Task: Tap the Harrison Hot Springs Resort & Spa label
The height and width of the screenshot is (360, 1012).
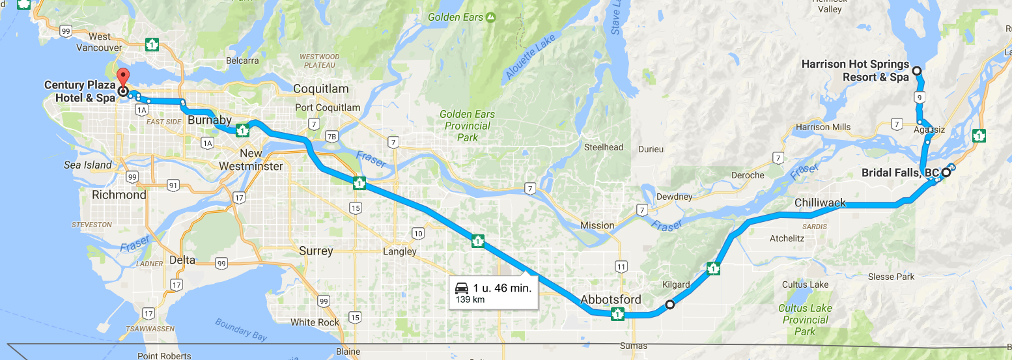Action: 855,70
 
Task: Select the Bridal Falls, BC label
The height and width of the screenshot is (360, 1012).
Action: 900,173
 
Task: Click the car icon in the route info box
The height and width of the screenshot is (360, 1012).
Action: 461,288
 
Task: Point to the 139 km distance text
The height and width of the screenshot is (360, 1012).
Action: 470,299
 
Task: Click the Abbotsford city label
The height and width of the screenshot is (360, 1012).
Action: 611,299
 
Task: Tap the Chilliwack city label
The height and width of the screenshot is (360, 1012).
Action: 820,203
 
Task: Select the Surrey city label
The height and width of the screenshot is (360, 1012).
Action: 316,251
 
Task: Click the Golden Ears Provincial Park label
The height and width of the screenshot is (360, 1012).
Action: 467,126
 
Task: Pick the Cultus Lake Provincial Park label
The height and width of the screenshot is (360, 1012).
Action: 805,320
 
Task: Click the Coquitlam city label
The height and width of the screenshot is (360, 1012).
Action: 321,89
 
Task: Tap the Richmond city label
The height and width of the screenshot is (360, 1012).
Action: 119,195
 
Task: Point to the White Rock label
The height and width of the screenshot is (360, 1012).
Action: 315,322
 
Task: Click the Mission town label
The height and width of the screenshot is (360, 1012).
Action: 597,225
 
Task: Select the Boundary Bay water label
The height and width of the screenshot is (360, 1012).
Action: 241,329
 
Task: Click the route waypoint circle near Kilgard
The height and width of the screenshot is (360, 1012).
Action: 669,304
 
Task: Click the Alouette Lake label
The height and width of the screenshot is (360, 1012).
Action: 532,62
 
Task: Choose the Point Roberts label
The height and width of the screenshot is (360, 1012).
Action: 164,355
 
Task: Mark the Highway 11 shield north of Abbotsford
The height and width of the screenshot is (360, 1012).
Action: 621,266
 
